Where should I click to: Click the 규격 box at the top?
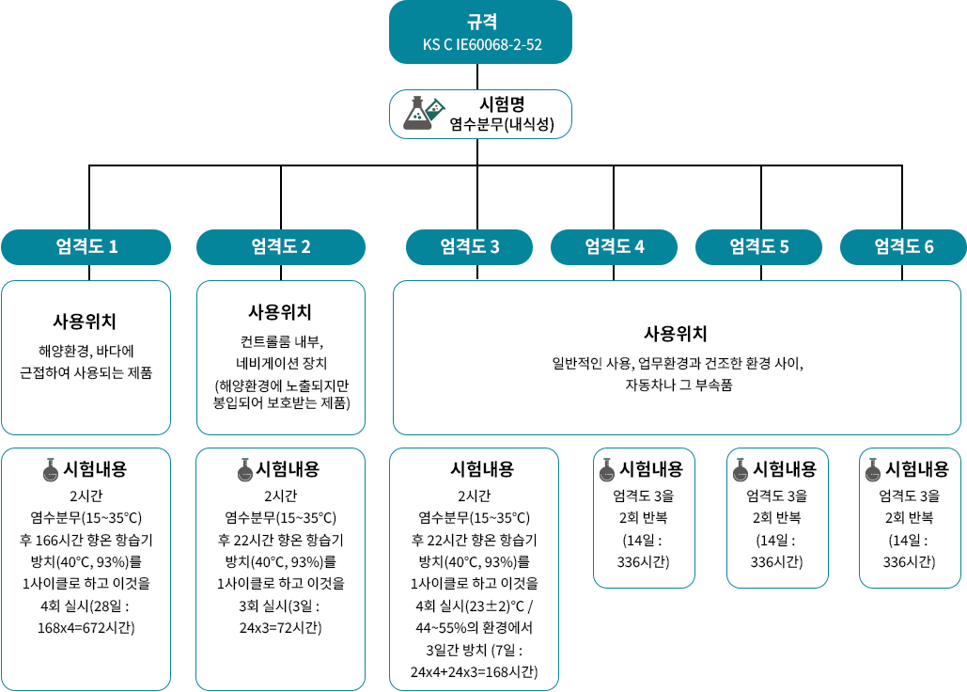tap(481, 31)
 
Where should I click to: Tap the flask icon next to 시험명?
tap(422, 113)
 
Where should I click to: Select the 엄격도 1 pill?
tap(86, 247)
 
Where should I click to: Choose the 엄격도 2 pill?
tap(280, 247)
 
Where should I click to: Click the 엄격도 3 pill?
tap(469, 247)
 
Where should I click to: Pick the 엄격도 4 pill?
tap(614, 247)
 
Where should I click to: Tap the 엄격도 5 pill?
tap(758, 247)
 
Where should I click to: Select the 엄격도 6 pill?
tap(903, 247)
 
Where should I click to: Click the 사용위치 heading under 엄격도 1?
tap(86, 321)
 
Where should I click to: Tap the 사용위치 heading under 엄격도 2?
tap(280, 311)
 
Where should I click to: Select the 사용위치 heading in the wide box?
tap(676, 334)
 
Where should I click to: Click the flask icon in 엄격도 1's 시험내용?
tap(52, 468)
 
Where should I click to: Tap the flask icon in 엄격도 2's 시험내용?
tap(246, 468)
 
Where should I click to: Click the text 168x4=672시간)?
tap(86, 627)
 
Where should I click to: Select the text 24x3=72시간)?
tap(280, 627)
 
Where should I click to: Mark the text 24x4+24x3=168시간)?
tap(474, 671)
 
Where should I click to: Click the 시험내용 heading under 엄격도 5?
tap(785, 468)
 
